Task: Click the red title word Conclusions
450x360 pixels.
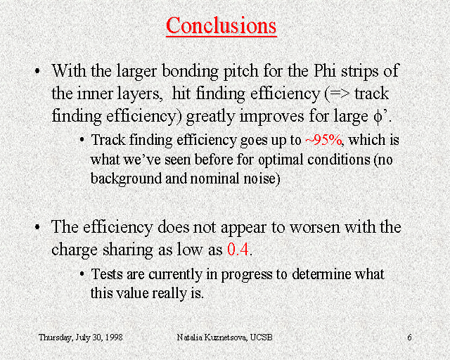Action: pos(221,25)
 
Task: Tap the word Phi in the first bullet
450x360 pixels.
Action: pos(325,70)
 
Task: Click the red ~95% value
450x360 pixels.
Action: pos(323,140)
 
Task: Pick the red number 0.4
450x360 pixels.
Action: pos(238,249)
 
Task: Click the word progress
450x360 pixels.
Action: pos(247,275)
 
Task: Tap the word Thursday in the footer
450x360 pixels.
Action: pos(56,337)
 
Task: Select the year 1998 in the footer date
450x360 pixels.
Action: pos(114,337)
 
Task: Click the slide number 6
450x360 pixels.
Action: pos(409,337)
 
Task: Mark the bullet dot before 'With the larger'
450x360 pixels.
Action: pos(37,71)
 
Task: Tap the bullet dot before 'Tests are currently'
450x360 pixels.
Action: pos(82,274)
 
